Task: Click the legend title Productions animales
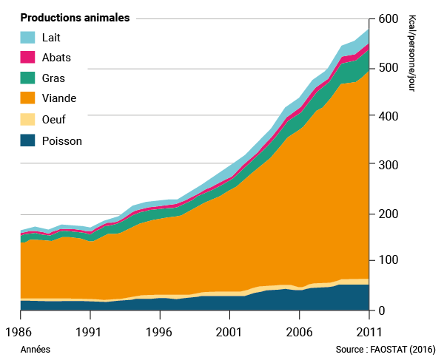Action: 75,18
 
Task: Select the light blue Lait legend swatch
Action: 28,37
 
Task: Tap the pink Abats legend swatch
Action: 28,57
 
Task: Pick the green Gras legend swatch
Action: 28,78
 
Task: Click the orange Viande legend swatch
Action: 28,98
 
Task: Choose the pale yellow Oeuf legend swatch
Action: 28,119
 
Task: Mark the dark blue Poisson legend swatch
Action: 28,140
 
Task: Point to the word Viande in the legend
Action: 59,98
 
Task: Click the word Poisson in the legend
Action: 62,141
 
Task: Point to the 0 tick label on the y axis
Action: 383,310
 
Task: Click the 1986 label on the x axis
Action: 20,332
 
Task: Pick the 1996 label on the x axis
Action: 159,332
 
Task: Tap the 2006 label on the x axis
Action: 298,332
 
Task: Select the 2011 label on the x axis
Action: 368,332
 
